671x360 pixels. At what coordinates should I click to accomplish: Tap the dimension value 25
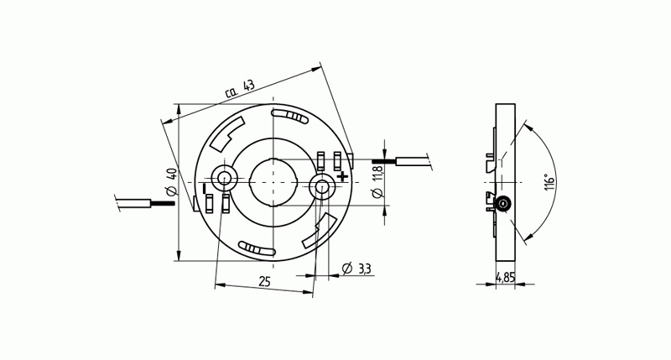click(263, 281)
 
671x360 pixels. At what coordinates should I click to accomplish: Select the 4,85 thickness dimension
click(506, 276)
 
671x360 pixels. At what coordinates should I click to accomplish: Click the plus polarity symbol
click(342, 176)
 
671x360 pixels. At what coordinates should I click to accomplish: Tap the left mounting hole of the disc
click(224, 177)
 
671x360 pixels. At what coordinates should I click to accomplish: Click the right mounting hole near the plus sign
click(322, 186)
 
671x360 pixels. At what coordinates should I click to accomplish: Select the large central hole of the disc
click(273, 182)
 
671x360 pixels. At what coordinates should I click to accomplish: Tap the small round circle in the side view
click(503, 204)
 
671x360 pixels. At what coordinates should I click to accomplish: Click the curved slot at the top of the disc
click(291, 115)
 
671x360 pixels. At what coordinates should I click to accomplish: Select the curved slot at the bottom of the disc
click(257, 248)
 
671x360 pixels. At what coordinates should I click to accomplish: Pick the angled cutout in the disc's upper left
click(227, 135)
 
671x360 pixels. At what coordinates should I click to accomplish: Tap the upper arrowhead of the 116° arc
click(523, 126)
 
